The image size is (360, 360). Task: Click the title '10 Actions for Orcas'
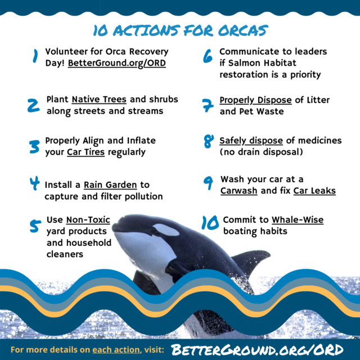pyautogui.click(x=181, y=30)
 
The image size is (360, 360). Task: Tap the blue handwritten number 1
pyautogui.click(x=35, y=56)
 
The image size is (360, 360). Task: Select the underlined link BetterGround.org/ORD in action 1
pyautogui.click(x=117, y=63)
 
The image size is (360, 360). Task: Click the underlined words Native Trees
pyautogui.click(x=99, y=100)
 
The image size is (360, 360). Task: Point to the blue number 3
pyautogui.click(x=34, y=147)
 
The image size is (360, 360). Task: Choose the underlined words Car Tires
pyautogui.click(x=86, y=152)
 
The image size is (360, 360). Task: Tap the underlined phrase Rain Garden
pyautogui.click(x=110, y=185)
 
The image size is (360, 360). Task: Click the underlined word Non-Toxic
pyautogui.click(x=88, y=220)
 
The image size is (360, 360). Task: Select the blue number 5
pyautogui.click(x=35, y=226)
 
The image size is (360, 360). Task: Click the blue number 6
pyautogui.click(x=208, y=56)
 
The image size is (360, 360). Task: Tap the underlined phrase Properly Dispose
pyautogui.click(x=255, y=100)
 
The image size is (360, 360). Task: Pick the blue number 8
pyautogui.click(x=209, y=141)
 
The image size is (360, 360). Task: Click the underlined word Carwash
pyautogui.click(x=238, y=191)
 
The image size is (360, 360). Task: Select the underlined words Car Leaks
pyautogui.click(x=314, y=191)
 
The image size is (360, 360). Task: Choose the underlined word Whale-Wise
pyautogui.click(x=298, y=220)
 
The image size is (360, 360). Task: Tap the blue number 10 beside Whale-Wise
pyautogui.click(x=210, y=223)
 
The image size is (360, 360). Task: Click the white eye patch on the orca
pyautogui.click(x=166, y=230)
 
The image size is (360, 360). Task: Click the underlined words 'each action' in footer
pyautogui.click(x=116, y=350)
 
